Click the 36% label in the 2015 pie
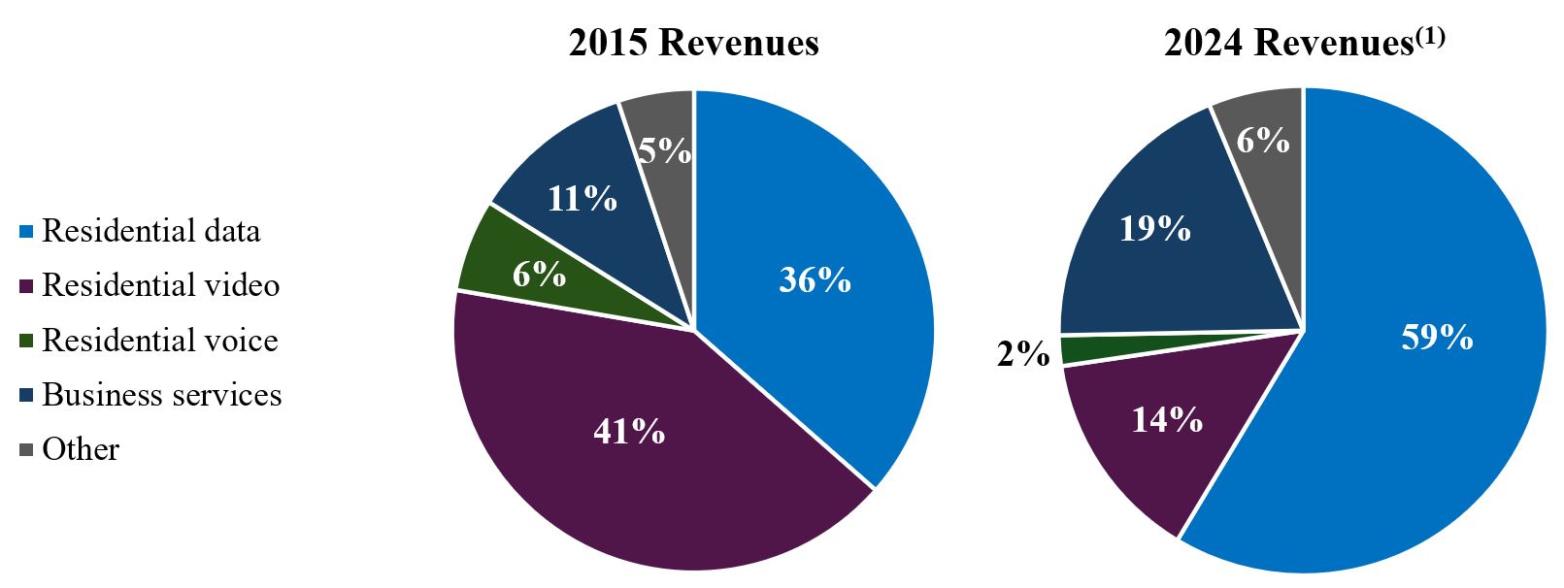coord(815,280)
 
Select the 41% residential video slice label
coord(629,431)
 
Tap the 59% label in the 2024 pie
coord(1437,337)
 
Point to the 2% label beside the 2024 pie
coord(1023,354)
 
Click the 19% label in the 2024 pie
coord(1154,229)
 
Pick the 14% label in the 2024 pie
coord(1166,419)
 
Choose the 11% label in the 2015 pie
coord(582,199)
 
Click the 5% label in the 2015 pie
coord(665,150)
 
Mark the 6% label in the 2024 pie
coord(1262,141)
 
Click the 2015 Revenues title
coord(693,43)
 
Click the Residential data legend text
coord(151,231)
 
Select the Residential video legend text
coord(161,285)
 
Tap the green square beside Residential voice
coord(27,342)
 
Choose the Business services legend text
coord(162,395)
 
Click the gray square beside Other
coord(27,450)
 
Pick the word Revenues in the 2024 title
coord(1333,44)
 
